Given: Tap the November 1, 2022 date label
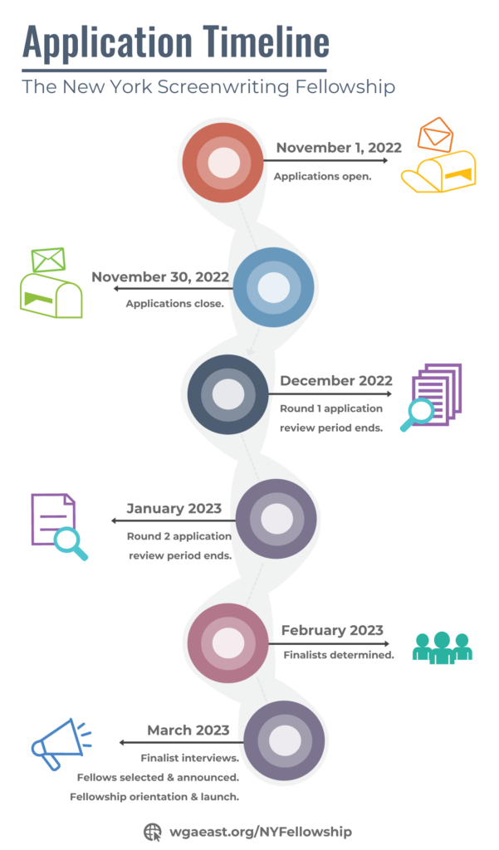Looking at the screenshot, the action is [x=339, y=148].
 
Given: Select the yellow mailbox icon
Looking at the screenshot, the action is [x=438, y=172].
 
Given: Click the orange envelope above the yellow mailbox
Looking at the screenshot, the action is [x=436, y=134].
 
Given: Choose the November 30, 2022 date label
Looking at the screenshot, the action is [x=160, y=276].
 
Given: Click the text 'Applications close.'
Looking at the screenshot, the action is [x=174, y=304].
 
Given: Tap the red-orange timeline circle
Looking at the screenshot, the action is [x=223, y=162].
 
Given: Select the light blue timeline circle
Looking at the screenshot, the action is [x=273, y=287].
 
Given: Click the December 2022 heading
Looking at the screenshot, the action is [x=336, y=380].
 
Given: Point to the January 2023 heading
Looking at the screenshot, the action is [x=174, y=509].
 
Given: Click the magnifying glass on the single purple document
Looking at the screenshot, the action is [x=71, y=543].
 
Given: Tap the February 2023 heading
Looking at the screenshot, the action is [x=332, y=631].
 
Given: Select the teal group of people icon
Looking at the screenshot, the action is [x=442, y=647].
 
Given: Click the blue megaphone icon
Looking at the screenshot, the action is [x=61, y=743].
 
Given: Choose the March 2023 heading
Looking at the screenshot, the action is [x=188, y=730].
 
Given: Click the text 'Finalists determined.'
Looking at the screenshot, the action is [x=339, y=655].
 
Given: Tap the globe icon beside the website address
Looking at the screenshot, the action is [x=153, y=832].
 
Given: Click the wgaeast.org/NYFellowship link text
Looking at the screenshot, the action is [x=261, y=832].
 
